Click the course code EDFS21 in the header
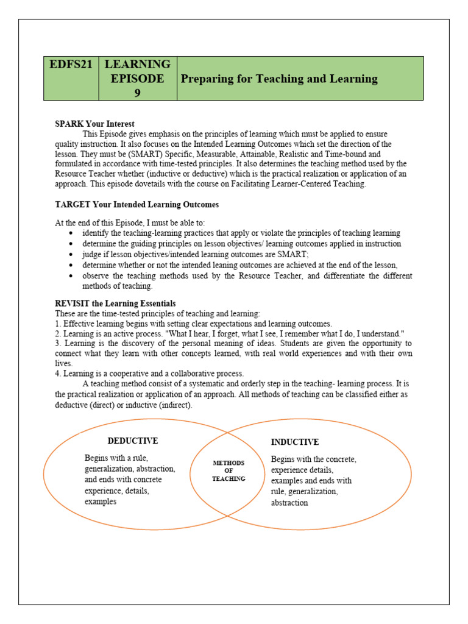click(x=71, y=65)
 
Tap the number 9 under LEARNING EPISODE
click(x=137, y=93)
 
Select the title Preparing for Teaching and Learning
click(x=278, y=79)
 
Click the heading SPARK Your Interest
click(x=94, y=124)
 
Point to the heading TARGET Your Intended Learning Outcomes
click(x=136, y=205)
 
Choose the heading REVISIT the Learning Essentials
click(x=115, y=303)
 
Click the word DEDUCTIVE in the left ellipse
click(x=133, y=441)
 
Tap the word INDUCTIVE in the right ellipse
click(x=295, y=442)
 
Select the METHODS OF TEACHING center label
click(x=229, y=471)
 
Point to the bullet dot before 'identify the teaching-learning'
click(x=73, y=233)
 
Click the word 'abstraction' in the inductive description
click(x=289, y=503)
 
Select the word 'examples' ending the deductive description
click(x=101, y=502)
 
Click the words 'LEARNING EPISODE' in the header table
click(x=138, y=71)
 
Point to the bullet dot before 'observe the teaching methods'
click(x=73, y=276)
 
